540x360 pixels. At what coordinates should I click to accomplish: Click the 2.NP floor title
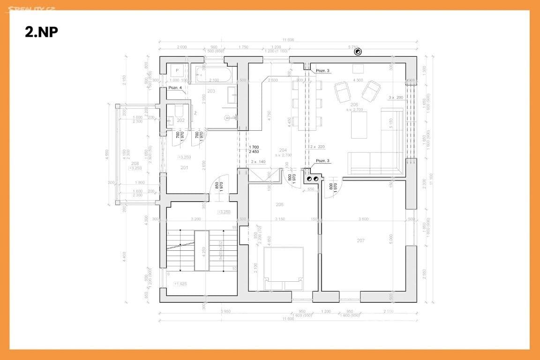pyautogui.click(x=41, y=31)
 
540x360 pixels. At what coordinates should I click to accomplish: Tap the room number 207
pyautogui.click(x=360, y=240)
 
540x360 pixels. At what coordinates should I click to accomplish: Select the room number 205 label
pyautogui.click(x=280, y=204)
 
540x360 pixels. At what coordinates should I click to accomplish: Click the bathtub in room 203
pyautogui.click(x=213, y=74)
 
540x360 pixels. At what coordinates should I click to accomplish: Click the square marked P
pyautogui.click(x=178, y=71)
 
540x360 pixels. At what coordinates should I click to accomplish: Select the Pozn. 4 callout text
pyautogui.click(x=175, y=88)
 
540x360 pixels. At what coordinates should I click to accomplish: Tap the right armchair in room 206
pyautogui.click(x=372, y=90)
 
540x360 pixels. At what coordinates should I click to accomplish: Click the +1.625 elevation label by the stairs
pyautogui.click(x=180, y=284)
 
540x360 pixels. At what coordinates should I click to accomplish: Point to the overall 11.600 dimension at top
pyautogui.click(x=288, y=40)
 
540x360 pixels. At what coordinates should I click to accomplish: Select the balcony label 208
pyautogui.click(x=135, y=163)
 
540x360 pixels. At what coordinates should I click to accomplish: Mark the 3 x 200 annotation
pyautogui.click(x=396, y=97)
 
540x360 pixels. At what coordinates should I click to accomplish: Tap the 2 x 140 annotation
pyautogui.click(x=258, y=162)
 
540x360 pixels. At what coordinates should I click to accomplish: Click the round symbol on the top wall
pyautogui.click(x=359, y=52)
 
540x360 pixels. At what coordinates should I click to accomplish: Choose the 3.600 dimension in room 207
pyautogui.click(x=363, y=219)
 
